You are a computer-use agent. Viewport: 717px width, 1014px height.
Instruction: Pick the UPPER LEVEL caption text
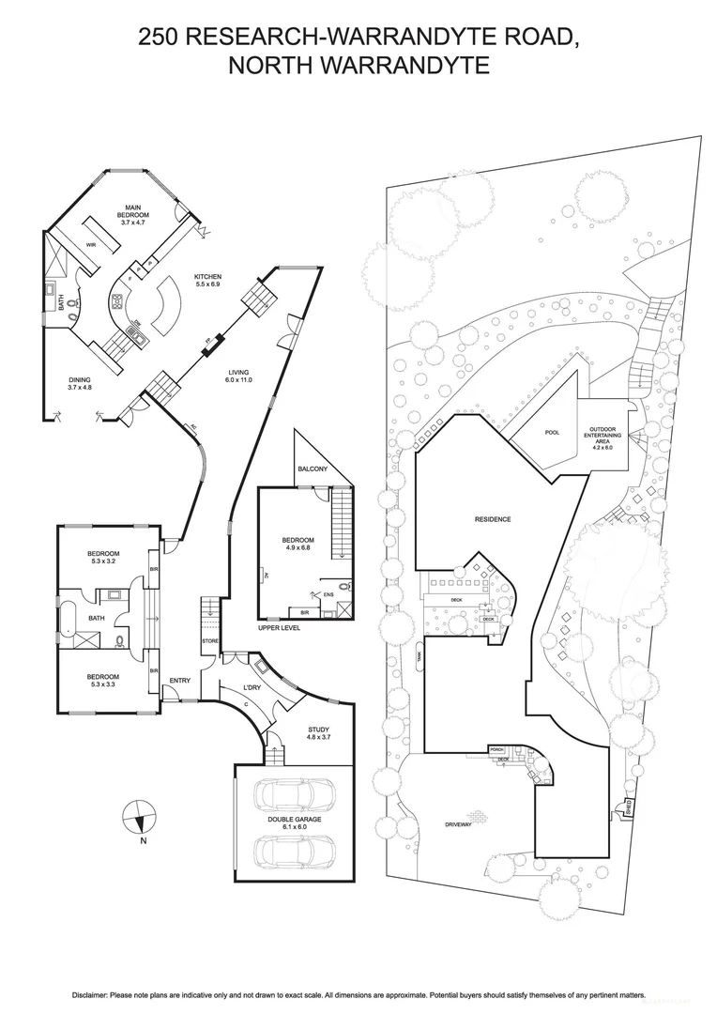279,627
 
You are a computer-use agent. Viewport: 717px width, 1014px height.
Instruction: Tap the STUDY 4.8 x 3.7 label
319,733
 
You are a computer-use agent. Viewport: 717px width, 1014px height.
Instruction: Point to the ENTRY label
180,681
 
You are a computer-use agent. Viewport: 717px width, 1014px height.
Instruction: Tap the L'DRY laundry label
252,688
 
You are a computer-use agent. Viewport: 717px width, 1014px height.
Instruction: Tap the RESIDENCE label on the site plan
493,518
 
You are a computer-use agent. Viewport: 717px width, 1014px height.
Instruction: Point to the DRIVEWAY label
464,825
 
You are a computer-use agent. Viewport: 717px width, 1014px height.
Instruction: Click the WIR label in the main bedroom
92,244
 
